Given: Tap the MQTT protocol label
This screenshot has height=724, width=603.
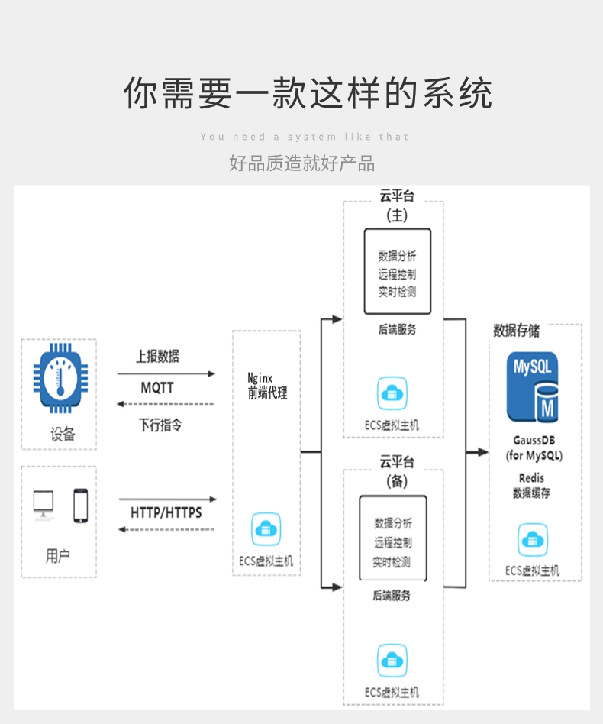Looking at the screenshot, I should (x=157, y=388).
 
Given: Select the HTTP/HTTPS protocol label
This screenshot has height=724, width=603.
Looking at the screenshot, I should (x=166, y=512).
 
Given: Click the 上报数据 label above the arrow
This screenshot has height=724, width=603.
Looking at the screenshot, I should (x=158, y=356).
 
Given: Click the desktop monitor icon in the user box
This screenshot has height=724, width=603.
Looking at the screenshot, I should (x=44, y=505).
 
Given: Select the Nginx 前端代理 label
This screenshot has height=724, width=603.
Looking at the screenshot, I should (x=267, y=386).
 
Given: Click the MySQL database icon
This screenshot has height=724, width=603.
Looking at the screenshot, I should (x=532, y=387).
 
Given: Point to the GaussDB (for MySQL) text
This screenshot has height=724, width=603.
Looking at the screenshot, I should (x=534, y=448).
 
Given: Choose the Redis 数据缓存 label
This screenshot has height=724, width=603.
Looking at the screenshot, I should (x=531, y=486).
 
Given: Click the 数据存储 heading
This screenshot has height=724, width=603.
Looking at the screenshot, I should (x=516, y=331).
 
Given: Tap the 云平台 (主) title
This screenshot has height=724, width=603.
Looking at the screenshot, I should (x=397, y=205).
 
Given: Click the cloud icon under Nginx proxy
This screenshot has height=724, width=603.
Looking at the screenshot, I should (x=266, y=529).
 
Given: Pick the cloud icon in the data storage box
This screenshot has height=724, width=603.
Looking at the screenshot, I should (x=533, y=540).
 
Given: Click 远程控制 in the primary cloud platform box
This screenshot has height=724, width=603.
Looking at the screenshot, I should (x=397, y=274).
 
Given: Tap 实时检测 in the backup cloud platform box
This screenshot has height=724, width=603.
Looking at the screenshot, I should (x=392, y=562).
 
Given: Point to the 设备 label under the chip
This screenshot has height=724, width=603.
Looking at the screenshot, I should (x=63, y=435).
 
